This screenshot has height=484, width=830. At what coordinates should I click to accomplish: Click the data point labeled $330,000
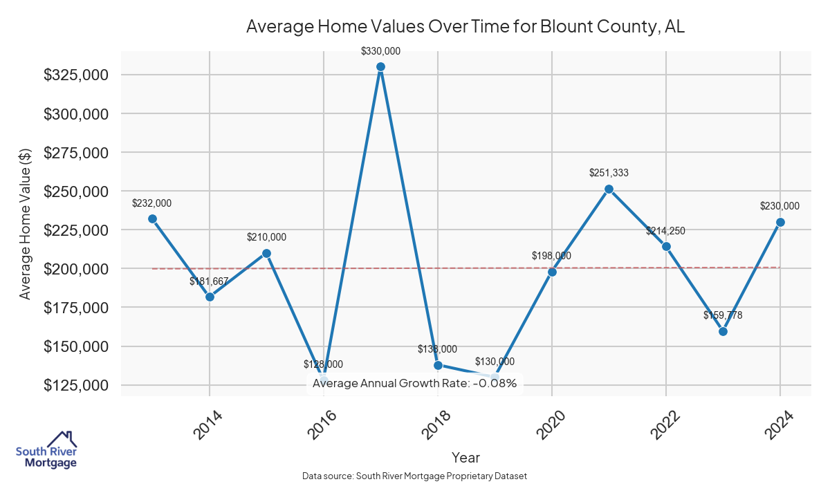[380, 67]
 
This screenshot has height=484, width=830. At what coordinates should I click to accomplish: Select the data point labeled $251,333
[609, 189]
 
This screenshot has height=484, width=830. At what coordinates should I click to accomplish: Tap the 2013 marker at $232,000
[152, 218]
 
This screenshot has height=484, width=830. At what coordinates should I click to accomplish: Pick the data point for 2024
[780, 222]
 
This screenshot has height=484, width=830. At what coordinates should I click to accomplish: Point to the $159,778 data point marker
[723, 331]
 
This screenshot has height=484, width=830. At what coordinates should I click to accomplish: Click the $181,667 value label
[209, 281]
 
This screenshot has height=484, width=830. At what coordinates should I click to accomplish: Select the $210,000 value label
[266, 237]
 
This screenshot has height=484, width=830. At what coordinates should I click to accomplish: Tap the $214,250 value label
[665, 231]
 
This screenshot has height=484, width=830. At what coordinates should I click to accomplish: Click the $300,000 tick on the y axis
[76, 113]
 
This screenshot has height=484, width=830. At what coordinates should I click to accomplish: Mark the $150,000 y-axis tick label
[76, 346]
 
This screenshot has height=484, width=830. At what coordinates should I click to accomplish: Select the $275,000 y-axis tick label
[76, 152]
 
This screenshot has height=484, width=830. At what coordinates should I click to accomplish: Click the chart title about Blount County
[465, 27]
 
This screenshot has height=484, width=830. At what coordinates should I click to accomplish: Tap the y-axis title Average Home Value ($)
[26, 223]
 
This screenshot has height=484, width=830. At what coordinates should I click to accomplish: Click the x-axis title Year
[465, 457]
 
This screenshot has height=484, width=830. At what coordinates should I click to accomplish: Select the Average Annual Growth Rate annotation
[414, 383]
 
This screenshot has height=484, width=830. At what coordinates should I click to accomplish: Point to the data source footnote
[414, 476]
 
